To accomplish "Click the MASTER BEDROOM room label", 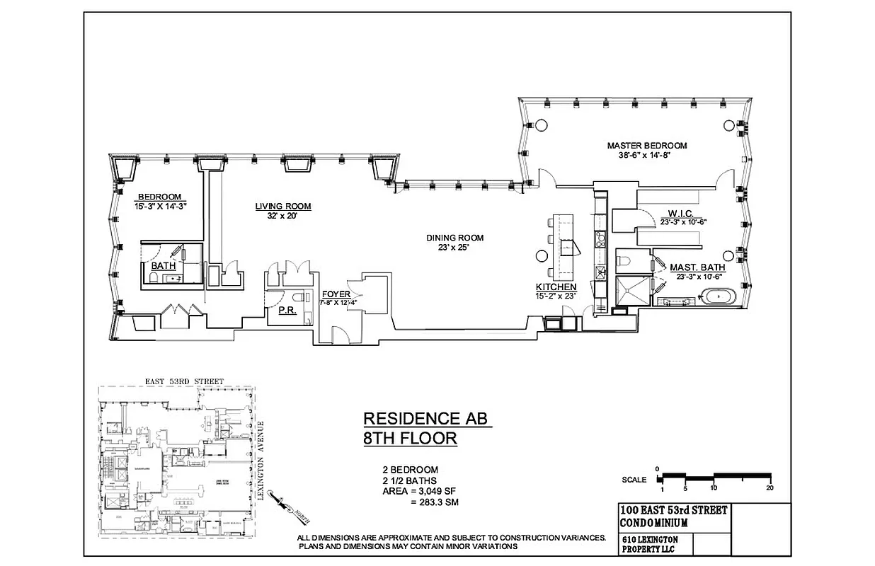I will click(x=646, y=146).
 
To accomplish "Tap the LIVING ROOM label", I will click(x=283, y=207).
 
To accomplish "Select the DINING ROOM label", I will click(x=454, y=238).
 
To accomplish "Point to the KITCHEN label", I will click(x=556, y=287).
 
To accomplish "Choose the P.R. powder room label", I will click(x=286, y=309).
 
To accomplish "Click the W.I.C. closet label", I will click(x=680, y=213).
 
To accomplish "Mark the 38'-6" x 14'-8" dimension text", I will click(x=646, y=156).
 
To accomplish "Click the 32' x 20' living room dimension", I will click(x=282, y=216).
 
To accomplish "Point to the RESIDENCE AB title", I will click(x=427, y=418).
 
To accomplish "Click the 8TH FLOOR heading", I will click(x=410, y=439).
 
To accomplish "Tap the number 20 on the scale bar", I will click(x=769, y=488).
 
